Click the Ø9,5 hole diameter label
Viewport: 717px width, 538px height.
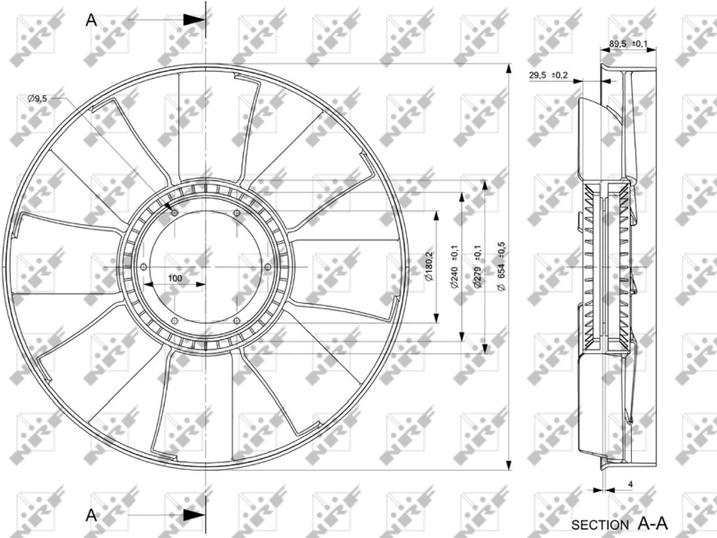pyautogui.click(x=37, y=98)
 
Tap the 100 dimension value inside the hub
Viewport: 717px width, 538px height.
pyautogui.click(x=175, y=278)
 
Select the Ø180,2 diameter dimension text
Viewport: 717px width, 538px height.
pyautogui.click(x=429, y=265)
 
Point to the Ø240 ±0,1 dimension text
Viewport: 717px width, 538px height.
pyautogui.click(x=454, y=265)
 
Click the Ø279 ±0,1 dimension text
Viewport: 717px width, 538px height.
pyautogui.click(x=478, y=265)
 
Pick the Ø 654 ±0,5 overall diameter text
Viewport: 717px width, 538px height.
pyautogui.click(x=501, y=266)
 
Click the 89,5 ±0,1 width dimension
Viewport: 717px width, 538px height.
pyautogui.click(x=628, y=43)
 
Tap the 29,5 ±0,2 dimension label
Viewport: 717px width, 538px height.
pyautogui.click(x=549, y=75)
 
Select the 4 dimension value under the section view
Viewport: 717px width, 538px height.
pyautogui.click(x=631, y=483)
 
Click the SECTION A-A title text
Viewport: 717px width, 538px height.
pyautogui.click(x=619, y=524)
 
